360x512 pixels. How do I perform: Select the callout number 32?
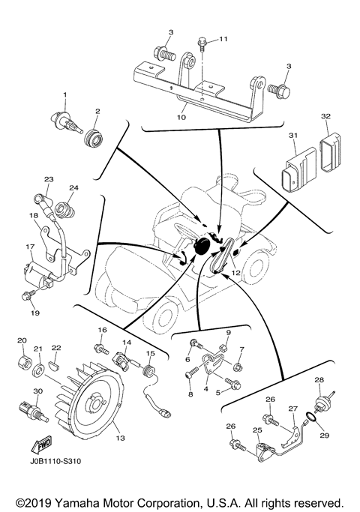(304, 118)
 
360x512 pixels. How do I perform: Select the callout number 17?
(31, 245)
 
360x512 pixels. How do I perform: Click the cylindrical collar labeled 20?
(21, 365)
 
